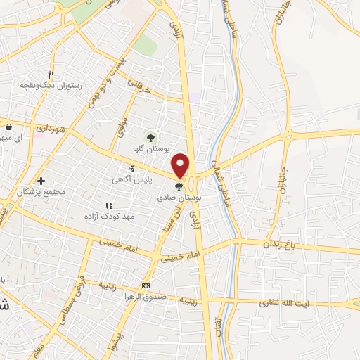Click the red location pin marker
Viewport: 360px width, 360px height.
(x=181, y=165)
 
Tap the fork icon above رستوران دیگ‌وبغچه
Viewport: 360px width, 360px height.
(x=51, y=74)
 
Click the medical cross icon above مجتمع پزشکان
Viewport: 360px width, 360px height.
(x=41, y=181)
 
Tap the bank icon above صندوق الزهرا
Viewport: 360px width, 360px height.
(x=146, y=285)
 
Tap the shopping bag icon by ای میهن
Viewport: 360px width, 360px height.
(x=8, y=127)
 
